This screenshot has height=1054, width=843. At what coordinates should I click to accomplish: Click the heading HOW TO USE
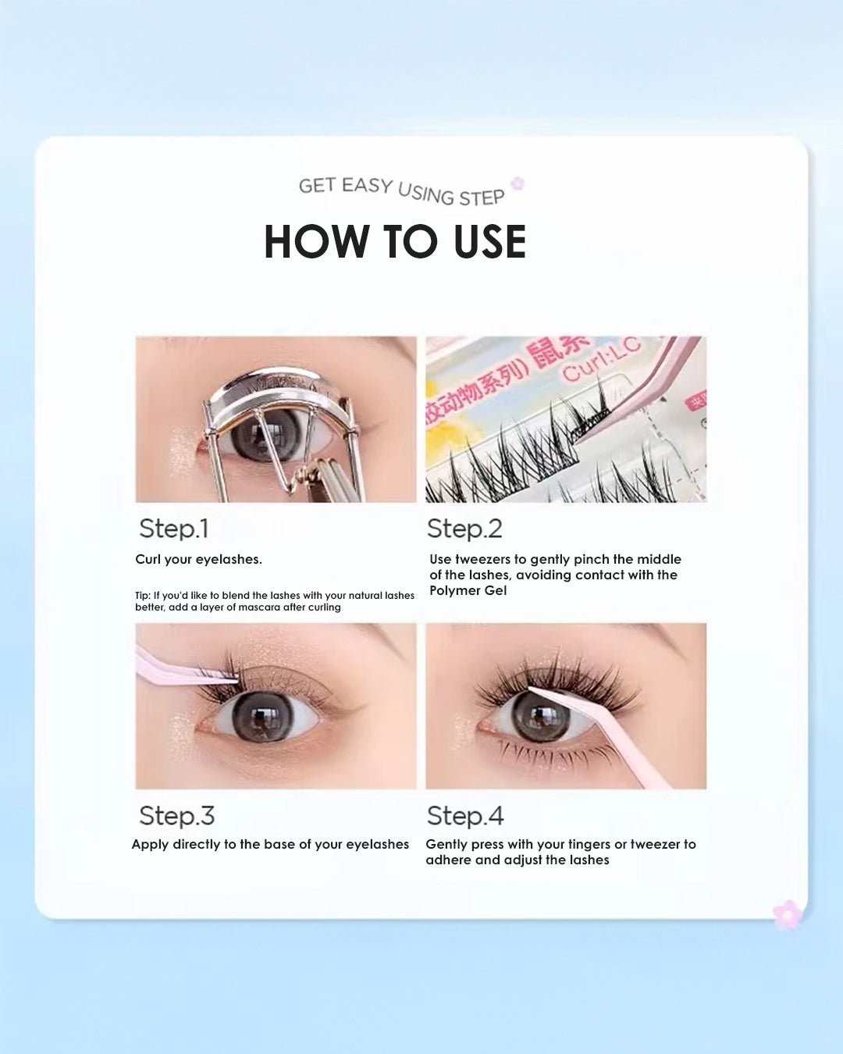[x=395, y=241]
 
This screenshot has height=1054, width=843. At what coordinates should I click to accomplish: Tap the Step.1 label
[x=173, y=529]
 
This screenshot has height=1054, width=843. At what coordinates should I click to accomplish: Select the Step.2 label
[x=464, y=529]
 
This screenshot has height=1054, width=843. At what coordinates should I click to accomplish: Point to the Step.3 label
[x=176, y=816]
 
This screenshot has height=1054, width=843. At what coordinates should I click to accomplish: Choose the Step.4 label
[x=465, y=816]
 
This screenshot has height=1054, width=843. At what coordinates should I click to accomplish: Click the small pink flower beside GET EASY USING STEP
[x=517, y=183]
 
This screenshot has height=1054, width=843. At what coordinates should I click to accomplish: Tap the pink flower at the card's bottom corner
[x=787, y=913]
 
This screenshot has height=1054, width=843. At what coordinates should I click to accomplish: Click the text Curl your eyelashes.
[x=198, y=559]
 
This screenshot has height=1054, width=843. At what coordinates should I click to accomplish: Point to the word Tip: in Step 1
[x=142, y=595]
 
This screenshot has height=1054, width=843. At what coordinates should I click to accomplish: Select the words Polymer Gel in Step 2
[x=468, y=590]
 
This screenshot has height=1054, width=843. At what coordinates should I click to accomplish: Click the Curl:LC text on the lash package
[x=601, y=359]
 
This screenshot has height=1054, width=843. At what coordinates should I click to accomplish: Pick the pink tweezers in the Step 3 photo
[x=176, y=671]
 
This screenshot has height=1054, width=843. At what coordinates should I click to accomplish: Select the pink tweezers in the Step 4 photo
[x=617, y=742]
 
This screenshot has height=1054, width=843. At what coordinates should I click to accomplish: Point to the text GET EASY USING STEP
[x=401, y=191]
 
